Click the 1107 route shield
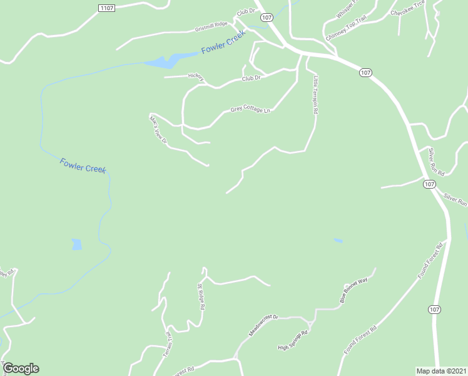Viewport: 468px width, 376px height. tap(107, 7)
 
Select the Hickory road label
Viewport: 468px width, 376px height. tap(196, 76)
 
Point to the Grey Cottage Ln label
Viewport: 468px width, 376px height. tap(250, 110)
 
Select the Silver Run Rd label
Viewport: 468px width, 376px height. tap(436, 162)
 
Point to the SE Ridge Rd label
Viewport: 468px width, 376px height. tap(201, 297)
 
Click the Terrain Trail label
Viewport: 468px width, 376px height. tap(168, 343)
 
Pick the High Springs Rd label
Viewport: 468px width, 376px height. tap(293, 342)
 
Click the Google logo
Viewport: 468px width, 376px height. tap(21, 368)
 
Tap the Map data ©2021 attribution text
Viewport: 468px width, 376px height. tap(442, 370)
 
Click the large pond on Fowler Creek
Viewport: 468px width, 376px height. tap(165, 61)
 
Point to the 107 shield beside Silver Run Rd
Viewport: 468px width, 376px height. tap(429, 184)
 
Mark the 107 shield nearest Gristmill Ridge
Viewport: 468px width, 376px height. tap(267, 18)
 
